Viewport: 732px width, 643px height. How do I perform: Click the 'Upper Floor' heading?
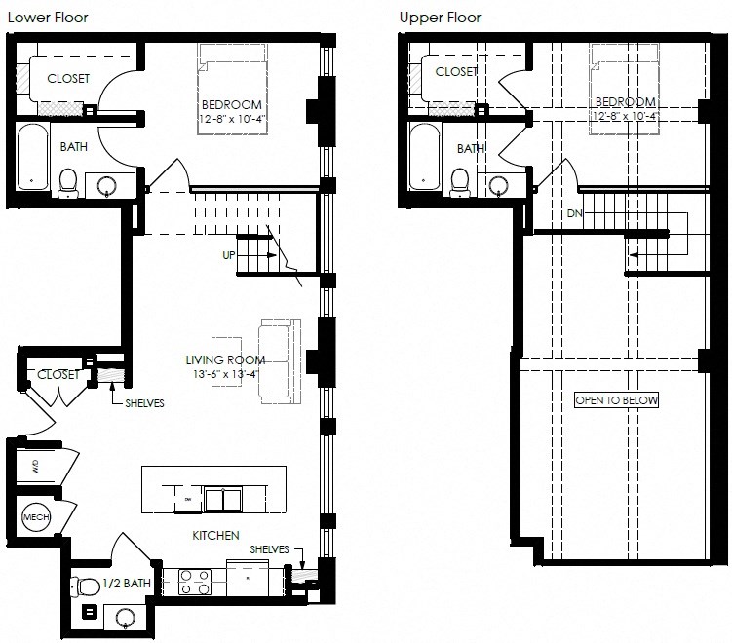pyautogui.click(x=440, y=17)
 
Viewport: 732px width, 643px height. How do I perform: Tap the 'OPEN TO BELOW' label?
pyautogui.click(x=616, y=400)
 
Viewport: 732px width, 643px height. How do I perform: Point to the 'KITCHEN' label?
pyautogui.click(x=215, y=535)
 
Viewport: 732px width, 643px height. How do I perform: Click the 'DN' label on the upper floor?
pyautogui.click(x=574, y=212)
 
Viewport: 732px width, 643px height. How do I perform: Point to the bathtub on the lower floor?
pyautogui.click(x=31, y=156)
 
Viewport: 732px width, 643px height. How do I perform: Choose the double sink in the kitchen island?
pyautogui.click(x=222, y=500)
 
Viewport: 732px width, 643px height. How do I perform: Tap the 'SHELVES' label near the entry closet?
pyautogui.click(x=143, y=403)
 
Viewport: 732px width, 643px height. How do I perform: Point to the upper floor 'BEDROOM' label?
pyautogui.click(x=624, y=102)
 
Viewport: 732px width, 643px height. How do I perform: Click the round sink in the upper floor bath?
pyautogui.click(x=499, y=184)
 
